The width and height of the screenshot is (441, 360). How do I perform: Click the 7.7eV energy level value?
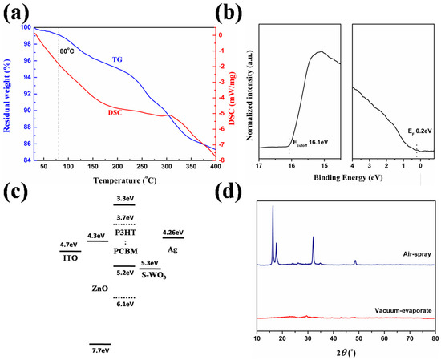pos(99,350)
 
